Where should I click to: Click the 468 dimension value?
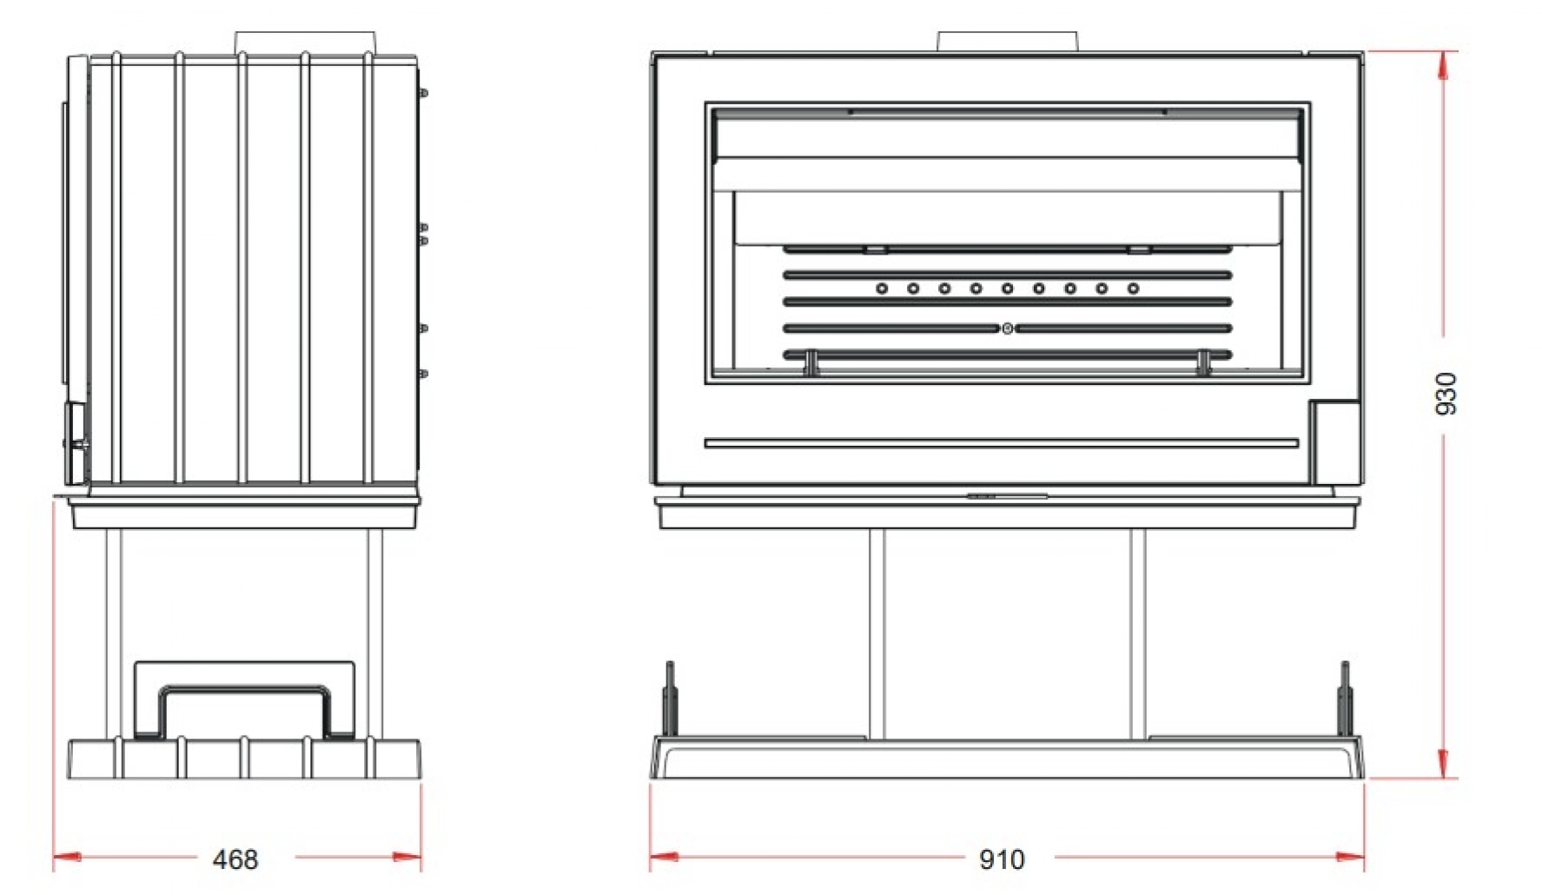tap(235, 859)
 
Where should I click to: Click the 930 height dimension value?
tap(1446, 393)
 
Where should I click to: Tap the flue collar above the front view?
tap(1007, 41)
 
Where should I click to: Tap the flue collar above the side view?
tap(304, 43)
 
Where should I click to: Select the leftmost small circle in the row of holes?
tap(882, 288)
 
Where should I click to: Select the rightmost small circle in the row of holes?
tap(1133, 288)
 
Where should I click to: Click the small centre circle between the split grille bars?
tap(1007, 328)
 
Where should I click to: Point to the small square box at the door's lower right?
tap(1335, 441)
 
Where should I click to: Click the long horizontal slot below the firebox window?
tap(1001, 443)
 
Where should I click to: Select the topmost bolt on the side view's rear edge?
tap(423, 93)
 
